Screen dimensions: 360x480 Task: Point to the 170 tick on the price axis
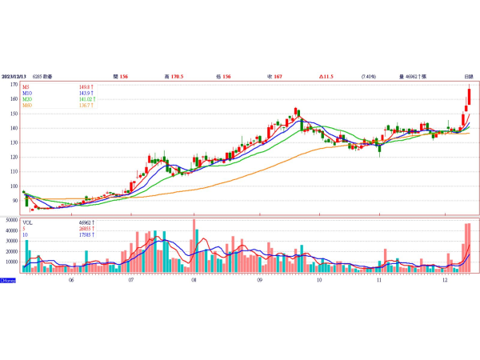point(14,84)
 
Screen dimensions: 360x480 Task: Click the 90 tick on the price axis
point(14,202)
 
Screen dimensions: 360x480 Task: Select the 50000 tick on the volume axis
point(11,218)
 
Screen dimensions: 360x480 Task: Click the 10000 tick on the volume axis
point(11,262)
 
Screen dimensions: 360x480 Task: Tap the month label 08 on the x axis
point(194,281)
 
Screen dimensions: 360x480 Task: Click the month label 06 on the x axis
point(71,281)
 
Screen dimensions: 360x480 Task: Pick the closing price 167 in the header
point(278,76)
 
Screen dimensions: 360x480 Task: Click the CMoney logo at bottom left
point(7,281)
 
